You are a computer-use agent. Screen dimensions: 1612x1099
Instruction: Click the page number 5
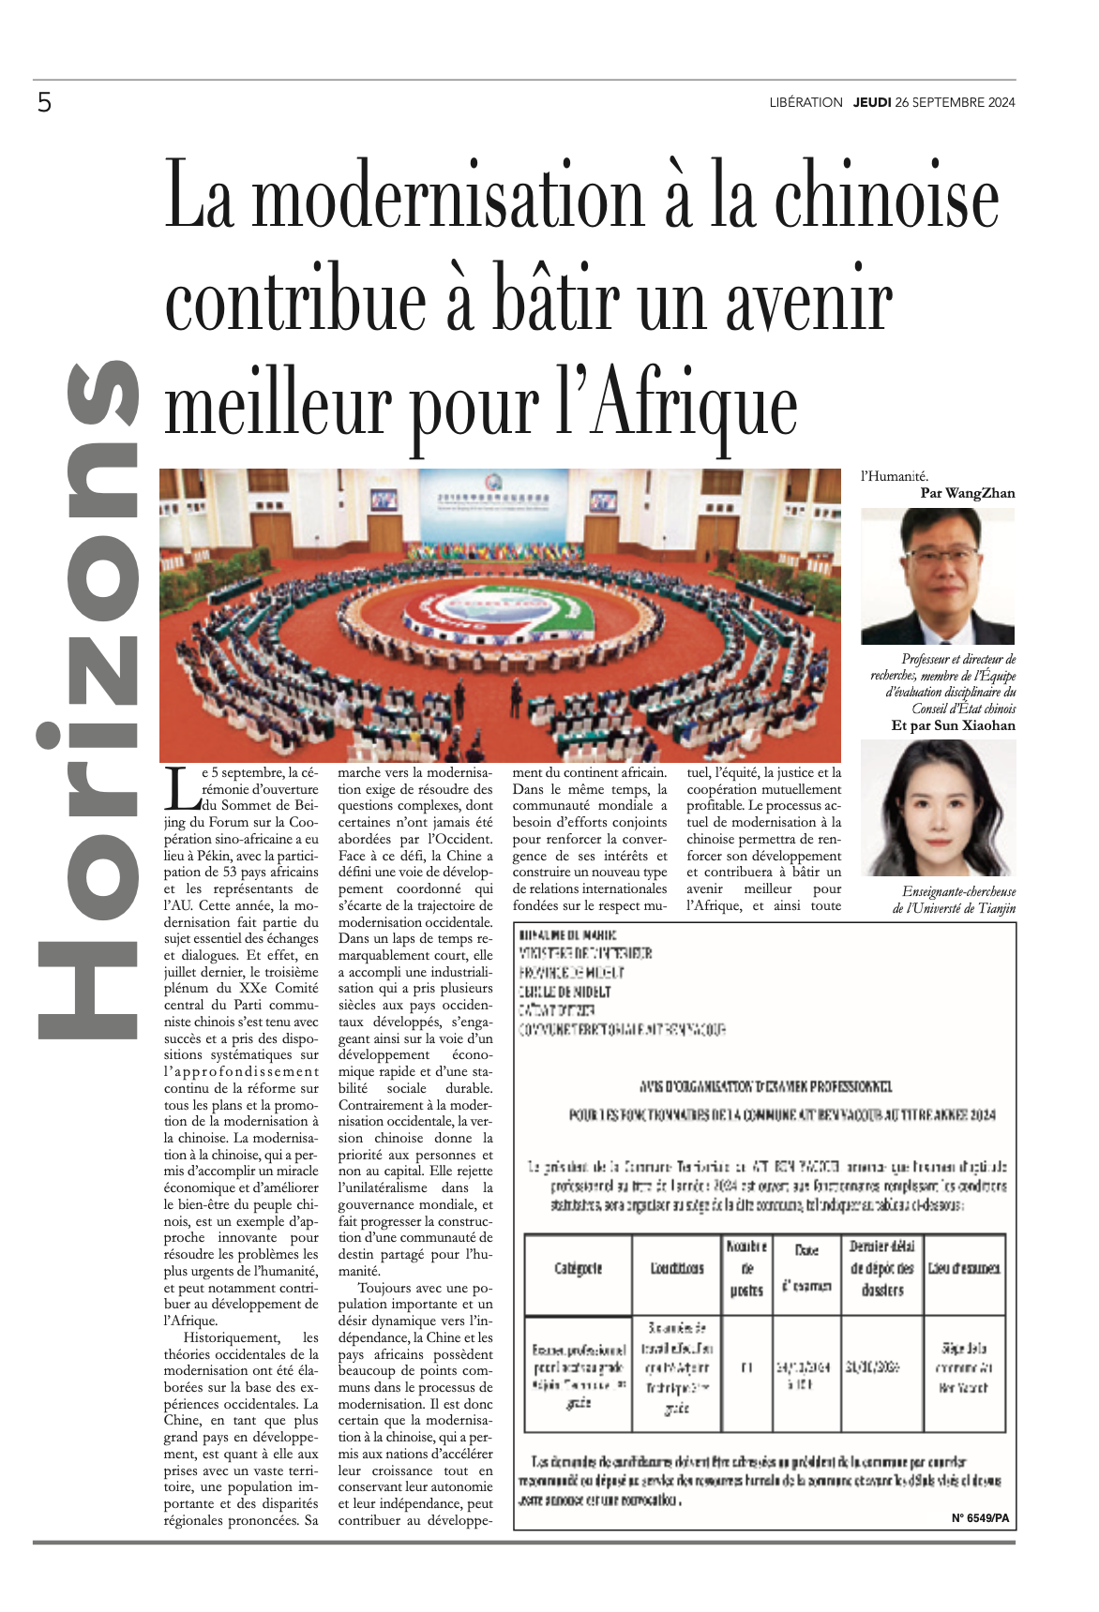[44, 102]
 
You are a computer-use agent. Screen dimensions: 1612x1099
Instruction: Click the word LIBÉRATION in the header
[805, 102]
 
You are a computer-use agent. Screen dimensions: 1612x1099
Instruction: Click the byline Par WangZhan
[967, 493]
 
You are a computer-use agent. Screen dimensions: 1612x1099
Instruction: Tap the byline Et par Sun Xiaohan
[953, 725]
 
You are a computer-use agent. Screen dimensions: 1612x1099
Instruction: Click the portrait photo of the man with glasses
[938, 575]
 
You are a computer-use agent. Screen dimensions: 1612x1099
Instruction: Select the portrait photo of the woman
[938, 808]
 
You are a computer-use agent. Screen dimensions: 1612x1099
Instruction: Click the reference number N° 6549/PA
[980, 1518]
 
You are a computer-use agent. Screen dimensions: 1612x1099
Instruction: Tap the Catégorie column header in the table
[578, 1268]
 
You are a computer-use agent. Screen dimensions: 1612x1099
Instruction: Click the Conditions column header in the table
[677, 1268]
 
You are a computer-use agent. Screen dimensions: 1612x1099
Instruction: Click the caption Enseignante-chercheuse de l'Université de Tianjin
[954, 900]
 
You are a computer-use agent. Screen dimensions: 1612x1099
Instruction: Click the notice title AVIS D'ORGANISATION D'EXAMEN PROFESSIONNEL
[765, 1086]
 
